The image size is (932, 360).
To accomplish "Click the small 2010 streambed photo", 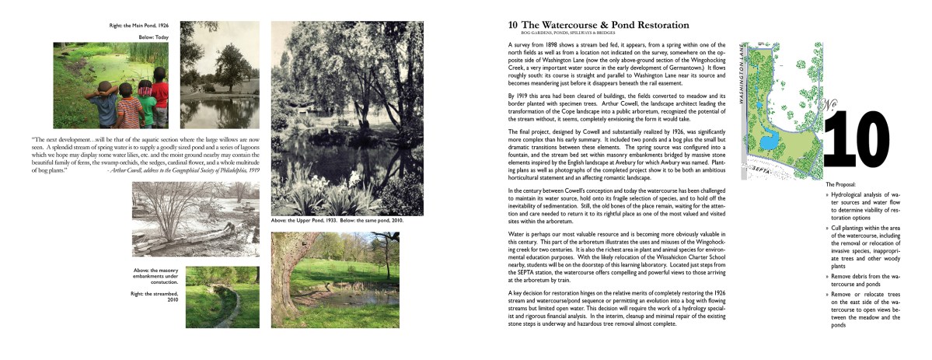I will pos(222,286).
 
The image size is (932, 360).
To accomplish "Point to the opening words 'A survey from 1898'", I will pos(536,47).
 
